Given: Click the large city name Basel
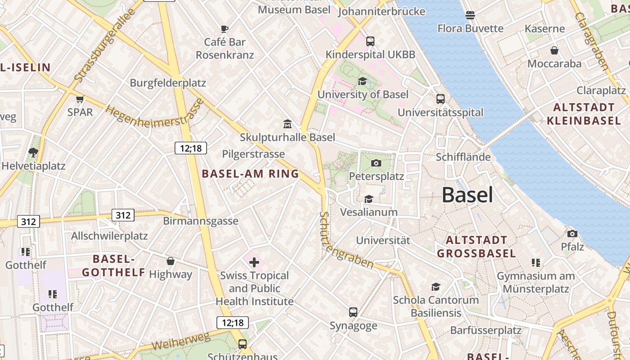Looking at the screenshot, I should click(x=467, y=195).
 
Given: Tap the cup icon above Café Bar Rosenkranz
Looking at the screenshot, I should click(x=225, y=29).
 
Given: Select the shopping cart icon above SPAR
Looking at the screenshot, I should click(x=80, y=99).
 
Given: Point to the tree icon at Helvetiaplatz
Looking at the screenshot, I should click(x=33, y=152).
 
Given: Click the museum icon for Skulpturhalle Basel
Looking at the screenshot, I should click(x=287, y=124).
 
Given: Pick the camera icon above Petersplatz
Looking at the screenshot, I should click(x=376, y=163).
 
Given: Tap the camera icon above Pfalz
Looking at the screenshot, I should click(x=572, y=234).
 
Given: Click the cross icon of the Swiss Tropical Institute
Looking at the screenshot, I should click(x=254, y=262).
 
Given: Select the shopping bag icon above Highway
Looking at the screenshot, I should click(x=171, y=261).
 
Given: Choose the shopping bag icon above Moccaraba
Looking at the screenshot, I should click(x=554, y=50).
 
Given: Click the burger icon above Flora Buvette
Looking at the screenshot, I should click(x=470, y=15).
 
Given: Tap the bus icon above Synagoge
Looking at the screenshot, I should click(x=353, y=312).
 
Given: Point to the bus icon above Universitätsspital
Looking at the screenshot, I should click(x=440, y=99).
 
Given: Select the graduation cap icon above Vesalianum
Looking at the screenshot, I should click(x=369, y=199).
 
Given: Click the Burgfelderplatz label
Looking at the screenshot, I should click(x=168, y=83).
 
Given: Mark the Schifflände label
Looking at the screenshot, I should click(x=463, y=157).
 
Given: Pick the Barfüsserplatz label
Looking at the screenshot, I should click(x=486, y=330).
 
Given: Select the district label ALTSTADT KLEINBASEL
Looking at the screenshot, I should click(x=583, y=114).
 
